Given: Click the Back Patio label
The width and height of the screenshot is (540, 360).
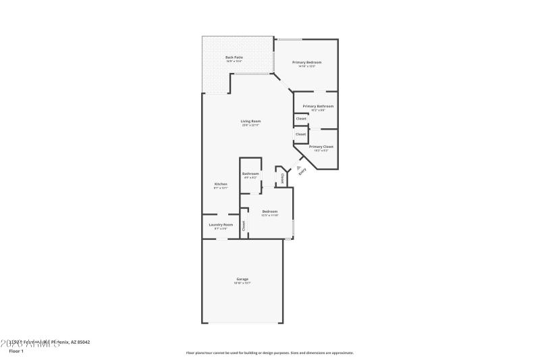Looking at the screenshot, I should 234,57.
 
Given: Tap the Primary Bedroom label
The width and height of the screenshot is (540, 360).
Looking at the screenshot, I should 306,62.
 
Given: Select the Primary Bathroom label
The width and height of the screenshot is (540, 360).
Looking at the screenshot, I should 318,106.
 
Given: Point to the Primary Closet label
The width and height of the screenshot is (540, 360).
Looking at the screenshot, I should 321,147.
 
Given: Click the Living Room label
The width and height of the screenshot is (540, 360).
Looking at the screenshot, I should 250,121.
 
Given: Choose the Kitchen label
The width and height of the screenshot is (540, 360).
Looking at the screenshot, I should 221,184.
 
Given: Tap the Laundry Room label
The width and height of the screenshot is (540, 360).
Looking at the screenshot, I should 221,224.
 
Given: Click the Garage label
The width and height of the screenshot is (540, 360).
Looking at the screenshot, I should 242,279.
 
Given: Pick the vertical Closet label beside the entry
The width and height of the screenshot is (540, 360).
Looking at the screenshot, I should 282,179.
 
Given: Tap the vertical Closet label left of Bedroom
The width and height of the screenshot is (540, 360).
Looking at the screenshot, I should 244,226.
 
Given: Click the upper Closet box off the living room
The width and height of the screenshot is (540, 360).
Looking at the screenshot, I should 301,118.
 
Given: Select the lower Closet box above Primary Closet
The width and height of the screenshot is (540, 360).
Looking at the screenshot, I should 300,134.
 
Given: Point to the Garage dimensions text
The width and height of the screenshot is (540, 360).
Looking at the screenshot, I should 242,283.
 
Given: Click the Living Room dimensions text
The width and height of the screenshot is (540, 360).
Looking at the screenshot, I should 250,125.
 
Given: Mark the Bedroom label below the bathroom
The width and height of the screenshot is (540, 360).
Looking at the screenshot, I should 270,211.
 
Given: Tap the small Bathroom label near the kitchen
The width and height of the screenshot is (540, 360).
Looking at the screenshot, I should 251,174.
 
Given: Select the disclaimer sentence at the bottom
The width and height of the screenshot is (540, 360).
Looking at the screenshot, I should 270,353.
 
